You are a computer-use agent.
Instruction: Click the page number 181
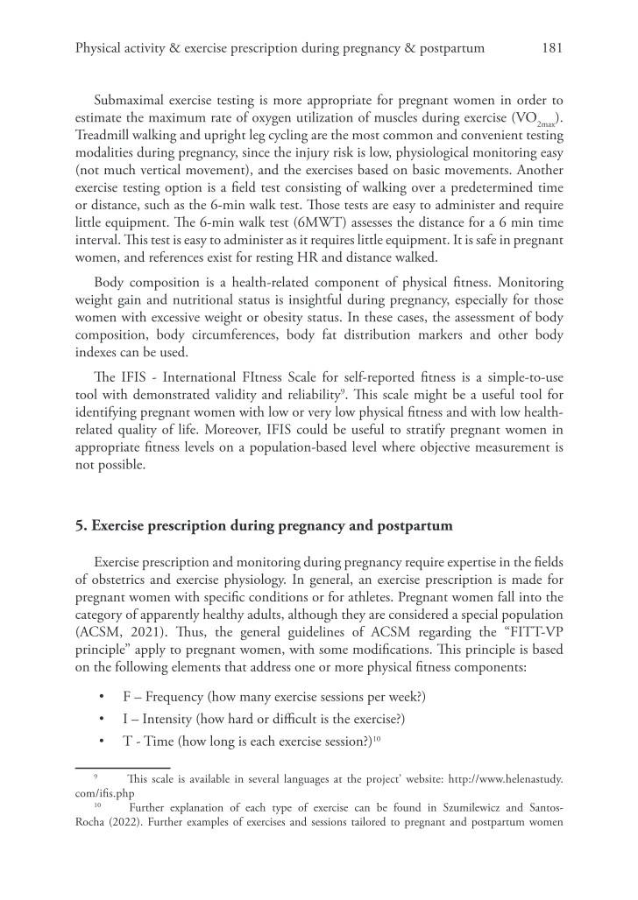click(552, 49)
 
